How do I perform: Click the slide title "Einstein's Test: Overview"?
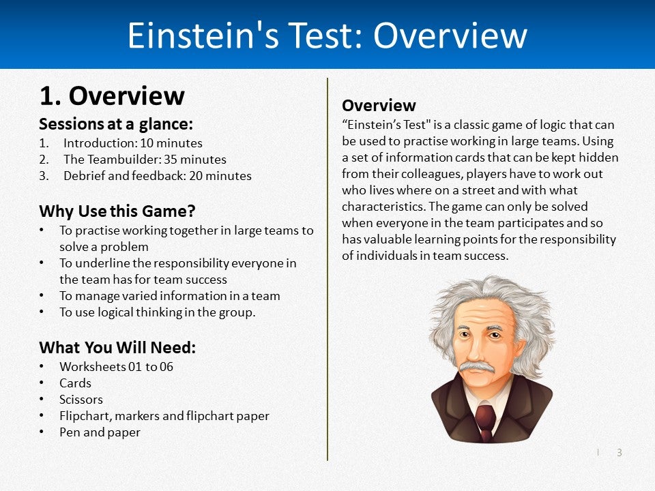[x=327, y=35]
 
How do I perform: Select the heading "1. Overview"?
[x=112, y=96]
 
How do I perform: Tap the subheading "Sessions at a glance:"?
[x=116, y=124]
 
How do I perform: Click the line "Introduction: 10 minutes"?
[x=132, y=143]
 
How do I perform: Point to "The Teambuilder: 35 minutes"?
[x=145, y=160]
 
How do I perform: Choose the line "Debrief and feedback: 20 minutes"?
[x=157, y=176]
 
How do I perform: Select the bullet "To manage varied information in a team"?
[x=169, y=296]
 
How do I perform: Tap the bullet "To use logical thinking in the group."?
[x=157, y=312]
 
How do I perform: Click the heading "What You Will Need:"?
[x=117, y=347]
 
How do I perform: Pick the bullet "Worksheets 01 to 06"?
[x=116, y=367]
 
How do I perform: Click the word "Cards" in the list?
[x=75, y=383]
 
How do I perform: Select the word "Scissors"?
[x=81, y=400]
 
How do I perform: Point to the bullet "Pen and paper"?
[x=100, y=432]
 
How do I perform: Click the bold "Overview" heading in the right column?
[x=379, y=106]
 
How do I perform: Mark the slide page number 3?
[x=620, y=452]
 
